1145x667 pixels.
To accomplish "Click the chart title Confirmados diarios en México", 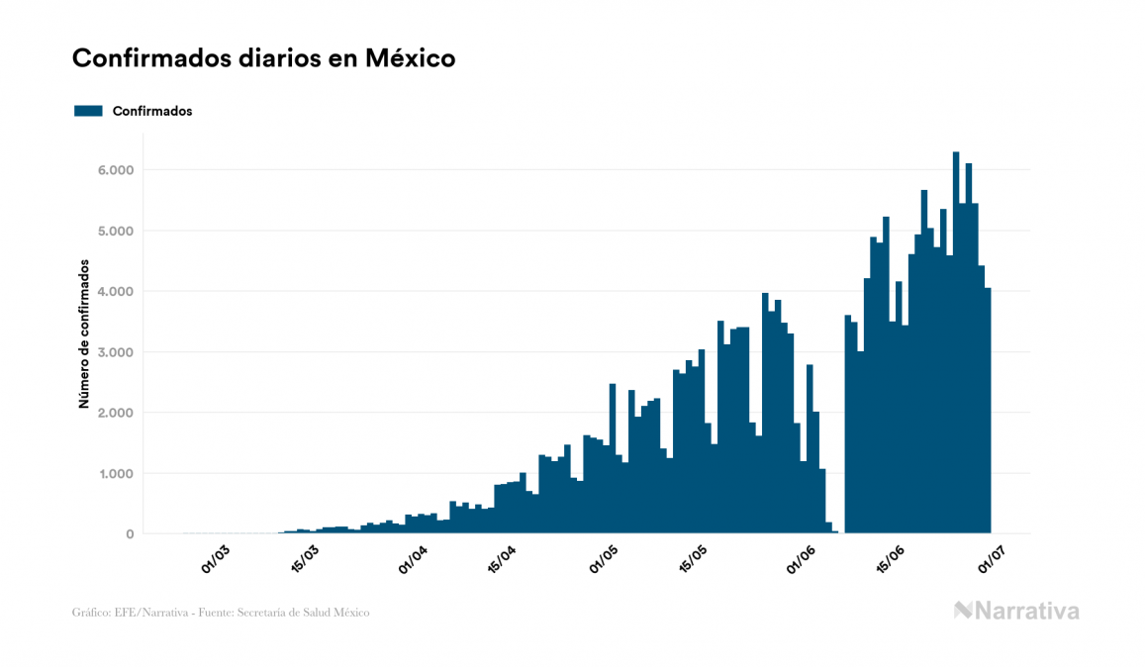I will pos(263,58).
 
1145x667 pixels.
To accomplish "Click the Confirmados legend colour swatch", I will pos(88,111).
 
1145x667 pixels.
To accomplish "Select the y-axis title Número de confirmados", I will pos(85,334).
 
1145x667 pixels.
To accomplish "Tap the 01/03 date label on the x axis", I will pos(215,559).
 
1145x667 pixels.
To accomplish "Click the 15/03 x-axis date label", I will pos(304,559).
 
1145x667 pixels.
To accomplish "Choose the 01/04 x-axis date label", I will pos(412,559).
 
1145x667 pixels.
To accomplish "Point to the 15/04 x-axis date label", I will pos(502,559).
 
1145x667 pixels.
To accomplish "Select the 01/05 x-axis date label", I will pos(604,559).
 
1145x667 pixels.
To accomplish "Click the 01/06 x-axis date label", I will pos(802,559).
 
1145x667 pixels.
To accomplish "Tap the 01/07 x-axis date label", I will pos(993,559).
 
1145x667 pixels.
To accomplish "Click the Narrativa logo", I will pos(1016,611).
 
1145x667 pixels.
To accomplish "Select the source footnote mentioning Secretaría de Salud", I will pos(221,613).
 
